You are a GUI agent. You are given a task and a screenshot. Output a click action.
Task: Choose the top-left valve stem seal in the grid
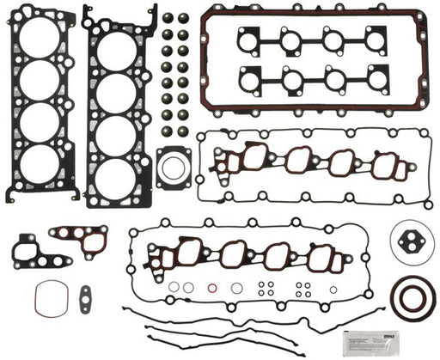(167, 18)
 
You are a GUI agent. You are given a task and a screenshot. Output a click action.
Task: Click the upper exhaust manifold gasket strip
(312, 39)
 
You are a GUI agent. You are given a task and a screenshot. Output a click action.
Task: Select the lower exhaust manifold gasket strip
(312, 80)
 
